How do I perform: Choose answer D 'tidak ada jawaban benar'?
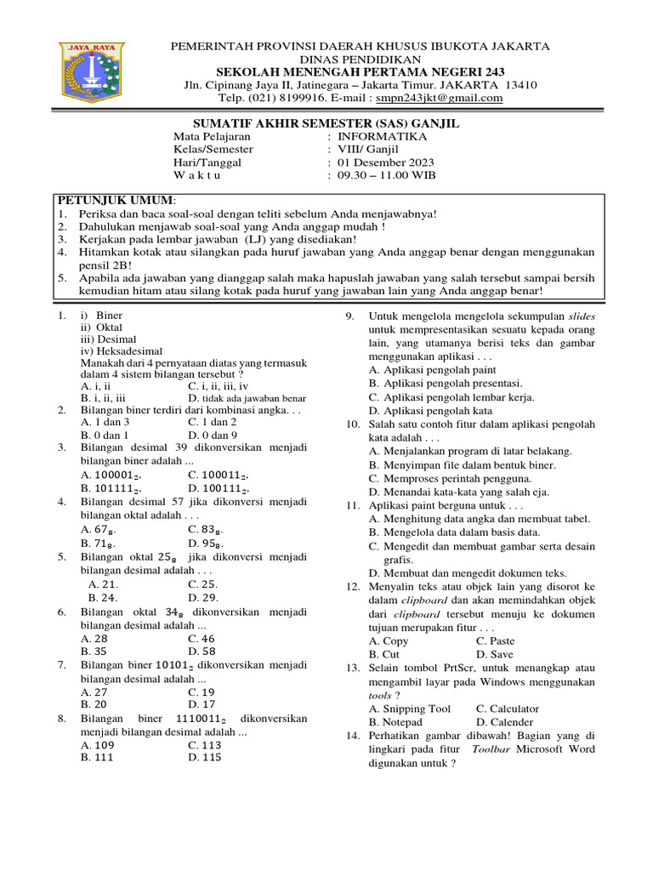tap(247, 397)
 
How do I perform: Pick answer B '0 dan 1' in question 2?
tap(105, 434)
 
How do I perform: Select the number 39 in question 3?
tap(180, 447)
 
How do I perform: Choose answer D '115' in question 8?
tap(203, 758)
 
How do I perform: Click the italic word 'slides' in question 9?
tap(582, 316)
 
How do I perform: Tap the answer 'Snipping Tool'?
tap(409, 709)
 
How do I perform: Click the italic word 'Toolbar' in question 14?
tap(492, 749)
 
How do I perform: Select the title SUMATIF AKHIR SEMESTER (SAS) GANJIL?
tap(326, 123)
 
